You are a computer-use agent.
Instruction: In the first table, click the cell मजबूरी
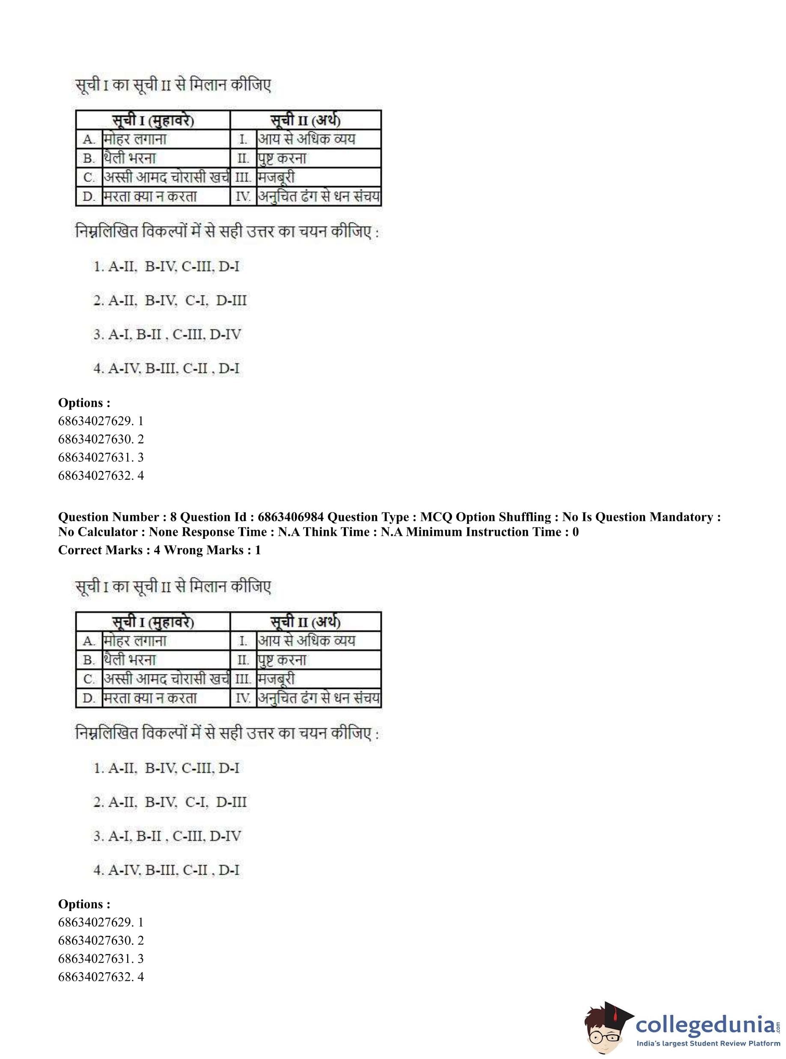[x=276, y=177]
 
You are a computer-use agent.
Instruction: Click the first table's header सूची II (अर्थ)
[x=306, y=120]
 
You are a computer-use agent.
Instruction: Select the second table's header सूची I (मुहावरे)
[x=153, y=622]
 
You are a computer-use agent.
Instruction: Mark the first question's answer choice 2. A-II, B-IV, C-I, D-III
[x=170, y=300]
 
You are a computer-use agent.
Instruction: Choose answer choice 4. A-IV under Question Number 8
[x=167, y=870]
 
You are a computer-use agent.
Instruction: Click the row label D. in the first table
[x=89, y=196]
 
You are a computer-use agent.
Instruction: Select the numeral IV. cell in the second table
[x=243, y=698]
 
